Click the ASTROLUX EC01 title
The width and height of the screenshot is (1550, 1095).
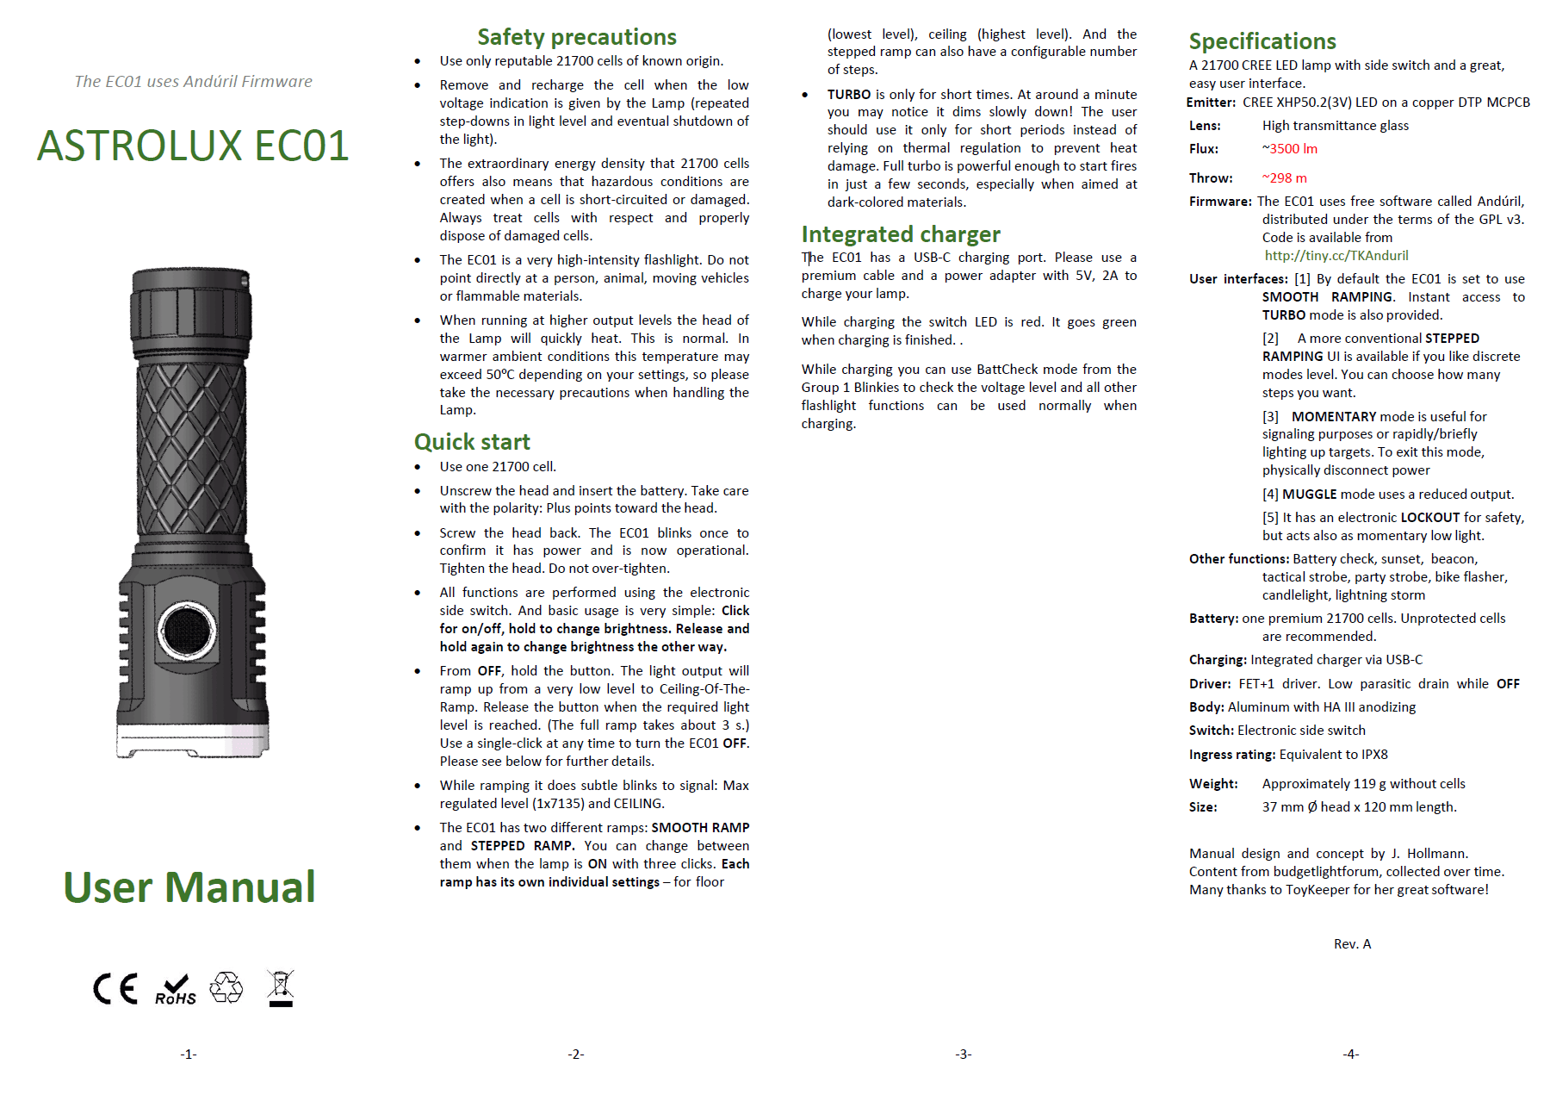click(193, 146)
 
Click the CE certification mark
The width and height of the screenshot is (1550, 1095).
click(115, 988)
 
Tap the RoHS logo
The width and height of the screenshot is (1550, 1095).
click(176, 990)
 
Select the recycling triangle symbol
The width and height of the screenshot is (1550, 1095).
click(226, 987)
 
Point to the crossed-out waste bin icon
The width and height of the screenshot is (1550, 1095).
click(281, 987)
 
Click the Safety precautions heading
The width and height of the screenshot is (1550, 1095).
click(577, 37)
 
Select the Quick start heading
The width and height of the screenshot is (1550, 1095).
click(472, 442)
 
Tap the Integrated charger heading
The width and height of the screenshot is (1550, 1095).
click(901, 234)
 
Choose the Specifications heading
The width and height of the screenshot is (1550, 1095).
click(1262, 41)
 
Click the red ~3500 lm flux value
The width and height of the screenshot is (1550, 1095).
click(1290, 149)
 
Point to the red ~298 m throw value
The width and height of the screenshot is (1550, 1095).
click(1285, 178)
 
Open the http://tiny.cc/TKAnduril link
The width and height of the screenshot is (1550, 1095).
click(1336, 256)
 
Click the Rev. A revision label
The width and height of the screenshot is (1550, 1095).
click(1352, 944)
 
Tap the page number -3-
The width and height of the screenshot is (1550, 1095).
click(964, 1055)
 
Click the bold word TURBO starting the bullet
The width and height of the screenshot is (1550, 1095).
click(849, 95)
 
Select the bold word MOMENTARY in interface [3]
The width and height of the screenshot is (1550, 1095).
click(1334, 417)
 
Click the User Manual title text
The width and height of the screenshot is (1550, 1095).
click(189, 887)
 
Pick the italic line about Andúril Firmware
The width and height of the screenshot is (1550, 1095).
click(193, 82)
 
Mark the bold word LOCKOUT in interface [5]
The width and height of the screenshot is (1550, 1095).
click(1429, 518)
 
